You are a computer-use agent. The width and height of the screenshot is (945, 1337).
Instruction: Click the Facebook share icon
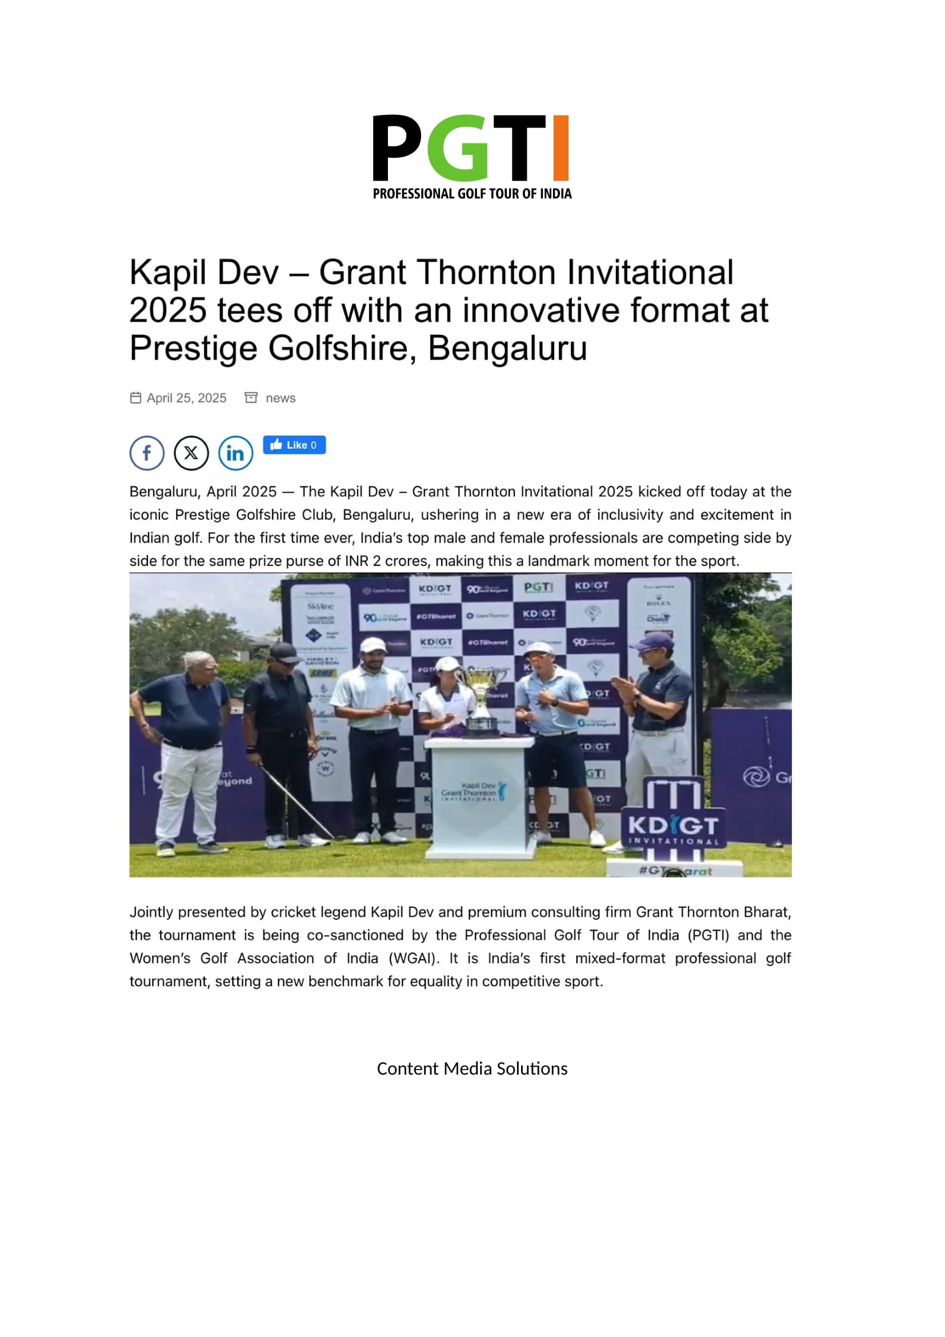147,453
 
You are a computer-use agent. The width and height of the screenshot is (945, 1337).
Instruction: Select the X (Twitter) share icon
191,453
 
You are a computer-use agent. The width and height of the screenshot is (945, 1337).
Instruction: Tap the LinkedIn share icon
235,453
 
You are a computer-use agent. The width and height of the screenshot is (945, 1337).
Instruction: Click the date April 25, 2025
186,398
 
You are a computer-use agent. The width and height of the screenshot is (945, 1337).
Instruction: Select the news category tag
281,398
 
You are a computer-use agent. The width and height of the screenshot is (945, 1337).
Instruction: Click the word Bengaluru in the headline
507,349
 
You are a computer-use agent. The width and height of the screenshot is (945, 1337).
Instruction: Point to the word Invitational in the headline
650,273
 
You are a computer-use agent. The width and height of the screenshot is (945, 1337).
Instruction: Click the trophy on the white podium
480,699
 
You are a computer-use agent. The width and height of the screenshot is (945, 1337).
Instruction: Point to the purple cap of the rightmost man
655,641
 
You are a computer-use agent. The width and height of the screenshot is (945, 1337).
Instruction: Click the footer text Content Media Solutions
472,1068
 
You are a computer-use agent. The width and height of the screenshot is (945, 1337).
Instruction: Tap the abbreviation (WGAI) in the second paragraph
413,959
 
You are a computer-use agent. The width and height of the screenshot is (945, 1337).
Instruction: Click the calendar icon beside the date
135,398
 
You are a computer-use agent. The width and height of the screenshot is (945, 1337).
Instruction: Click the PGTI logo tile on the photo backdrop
538,588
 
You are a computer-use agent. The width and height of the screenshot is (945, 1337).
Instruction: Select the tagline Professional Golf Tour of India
472,194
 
